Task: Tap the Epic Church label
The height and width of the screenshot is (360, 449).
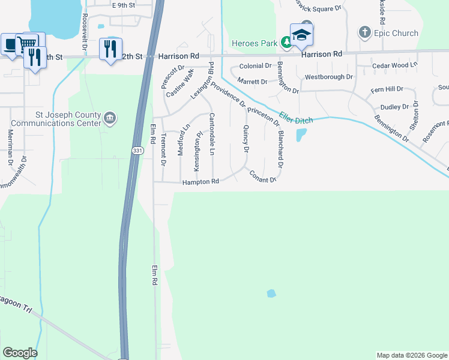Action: point(396,32)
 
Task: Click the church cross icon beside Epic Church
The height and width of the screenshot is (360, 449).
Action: point(364,32)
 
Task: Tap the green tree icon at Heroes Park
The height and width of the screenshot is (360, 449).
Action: point(288,42)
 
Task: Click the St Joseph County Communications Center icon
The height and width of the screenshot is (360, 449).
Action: point(110,117)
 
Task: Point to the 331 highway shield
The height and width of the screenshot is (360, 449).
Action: point(138,151)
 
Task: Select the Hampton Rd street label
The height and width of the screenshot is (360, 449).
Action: point(200,181)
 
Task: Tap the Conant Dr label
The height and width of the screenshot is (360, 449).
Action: point(263,176)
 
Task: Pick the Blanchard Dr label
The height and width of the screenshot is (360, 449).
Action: point(280,149)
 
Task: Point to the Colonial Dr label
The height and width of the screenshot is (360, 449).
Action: point(256,66)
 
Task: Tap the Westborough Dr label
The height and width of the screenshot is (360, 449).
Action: point(329,77)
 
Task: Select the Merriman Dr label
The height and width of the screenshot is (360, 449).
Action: point(10,147)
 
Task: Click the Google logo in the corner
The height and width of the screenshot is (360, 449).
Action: point(20,353)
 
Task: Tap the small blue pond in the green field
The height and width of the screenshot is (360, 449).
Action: point(271,294)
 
